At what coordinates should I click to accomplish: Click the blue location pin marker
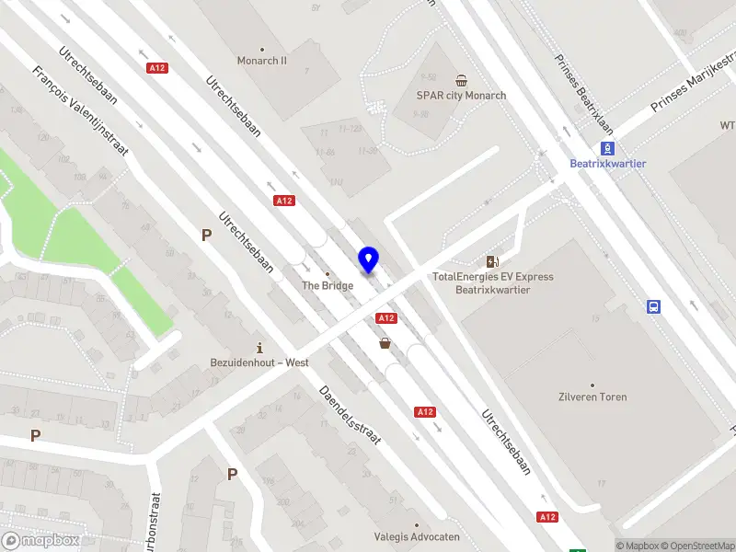[369, 260]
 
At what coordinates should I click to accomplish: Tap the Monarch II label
[262, 61]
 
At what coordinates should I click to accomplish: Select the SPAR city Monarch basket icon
[461, 80]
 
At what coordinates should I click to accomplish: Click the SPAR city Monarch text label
[461, 96]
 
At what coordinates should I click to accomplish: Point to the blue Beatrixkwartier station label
[607, 164]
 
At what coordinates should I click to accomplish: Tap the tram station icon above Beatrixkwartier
[607, 147]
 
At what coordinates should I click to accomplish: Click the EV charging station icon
[493, 262]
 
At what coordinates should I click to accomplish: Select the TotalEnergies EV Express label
[493, 277]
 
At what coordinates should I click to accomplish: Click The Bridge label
[328, 285]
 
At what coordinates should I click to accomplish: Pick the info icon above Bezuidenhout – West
[260, 348]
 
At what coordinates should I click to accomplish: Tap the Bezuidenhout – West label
[259, 362]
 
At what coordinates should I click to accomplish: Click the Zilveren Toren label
[592, 397]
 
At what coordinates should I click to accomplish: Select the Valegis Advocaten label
[417, 536]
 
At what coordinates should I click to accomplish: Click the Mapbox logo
[40, 541]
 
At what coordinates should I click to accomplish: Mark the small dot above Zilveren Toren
[592, 385]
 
